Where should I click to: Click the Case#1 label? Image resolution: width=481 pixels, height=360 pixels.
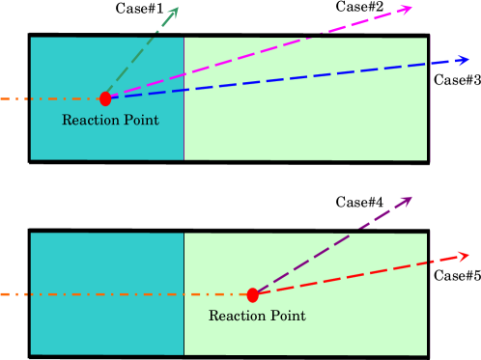pos(125,9)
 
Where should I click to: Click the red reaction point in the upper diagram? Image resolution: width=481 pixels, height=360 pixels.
pos(105,98)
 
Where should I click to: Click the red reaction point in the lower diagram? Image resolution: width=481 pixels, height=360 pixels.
pos(253,294)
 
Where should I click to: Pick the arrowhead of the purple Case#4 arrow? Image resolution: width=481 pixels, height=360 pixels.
pos(407,202)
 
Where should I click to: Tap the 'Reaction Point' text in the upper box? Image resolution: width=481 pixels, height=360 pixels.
pos(109,121)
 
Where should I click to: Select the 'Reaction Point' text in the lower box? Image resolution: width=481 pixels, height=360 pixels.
pos(257,316)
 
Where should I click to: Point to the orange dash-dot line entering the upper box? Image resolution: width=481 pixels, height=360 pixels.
pos(48,98)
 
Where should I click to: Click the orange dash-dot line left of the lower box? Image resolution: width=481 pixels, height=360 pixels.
pos(14,294)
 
